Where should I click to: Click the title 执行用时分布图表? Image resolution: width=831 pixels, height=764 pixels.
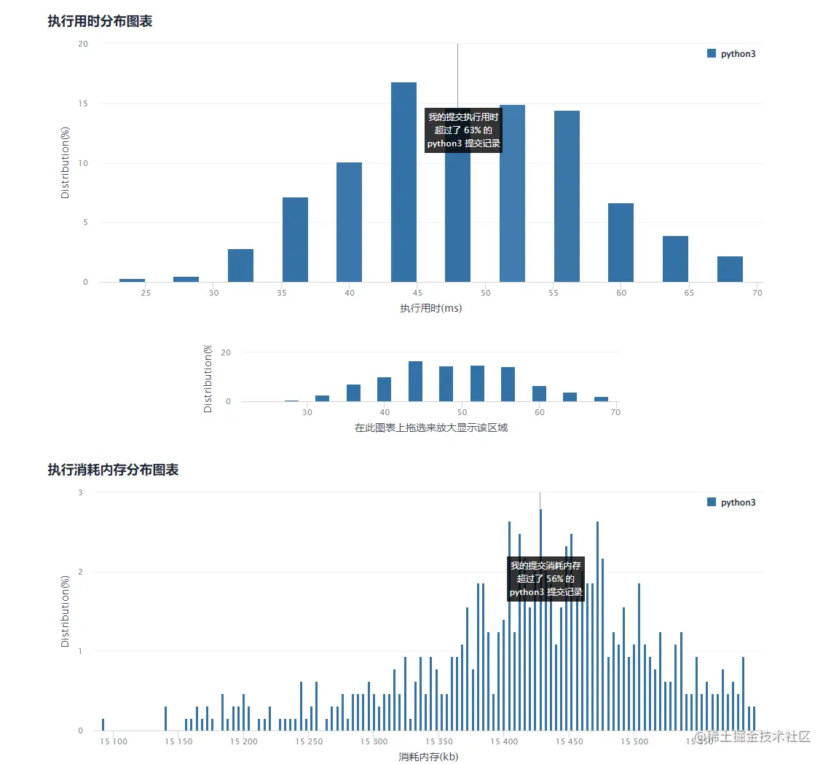click(100, 21)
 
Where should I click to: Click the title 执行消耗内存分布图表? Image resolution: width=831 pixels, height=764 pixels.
click(113, 470)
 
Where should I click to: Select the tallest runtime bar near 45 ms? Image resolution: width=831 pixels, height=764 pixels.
click(403, 182)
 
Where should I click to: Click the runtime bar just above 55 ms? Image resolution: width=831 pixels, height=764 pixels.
click(567, 197)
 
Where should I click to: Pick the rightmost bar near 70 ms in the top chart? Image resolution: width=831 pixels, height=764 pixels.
click(730, 269)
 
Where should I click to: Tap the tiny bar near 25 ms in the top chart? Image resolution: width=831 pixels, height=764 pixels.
click(132, 280)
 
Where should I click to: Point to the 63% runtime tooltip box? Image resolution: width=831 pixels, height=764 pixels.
click(464, 130)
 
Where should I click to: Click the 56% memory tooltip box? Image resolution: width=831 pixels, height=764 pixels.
click(546, 579)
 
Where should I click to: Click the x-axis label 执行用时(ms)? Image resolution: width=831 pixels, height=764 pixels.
click(430, 308)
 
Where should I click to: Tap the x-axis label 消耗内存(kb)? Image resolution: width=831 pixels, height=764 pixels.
click(428, 757)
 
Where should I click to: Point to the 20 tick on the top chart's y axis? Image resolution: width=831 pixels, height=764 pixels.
click(83, 44)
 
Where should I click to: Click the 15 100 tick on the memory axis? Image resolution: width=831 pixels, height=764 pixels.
click(113, 741)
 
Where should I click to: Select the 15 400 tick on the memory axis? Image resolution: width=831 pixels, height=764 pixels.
click(504, 741)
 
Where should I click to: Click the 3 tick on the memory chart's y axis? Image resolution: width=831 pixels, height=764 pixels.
click(80, 492)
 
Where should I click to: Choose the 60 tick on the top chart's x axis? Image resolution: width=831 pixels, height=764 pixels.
click(621, 293)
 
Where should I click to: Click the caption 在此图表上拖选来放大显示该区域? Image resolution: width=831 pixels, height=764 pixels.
click(430, 428)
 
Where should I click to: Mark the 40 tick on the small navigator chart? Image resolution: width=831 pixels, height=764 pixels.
click(385, 412)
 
